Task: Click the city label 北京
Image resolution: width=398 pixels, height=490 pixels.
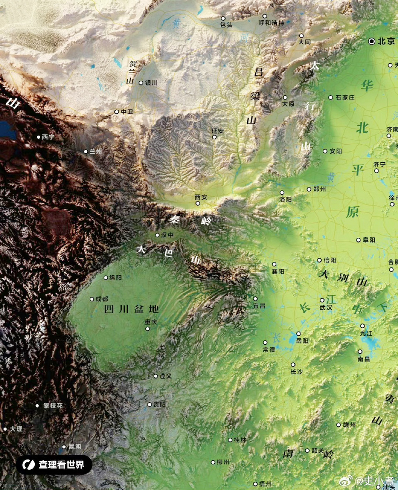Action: click(x=386, y=41)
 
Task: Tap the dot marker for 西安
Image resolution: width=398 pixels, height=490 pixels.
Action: click(x=198, y=203)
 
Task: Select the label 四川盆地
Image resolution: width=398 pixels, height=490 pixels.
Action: click(x=131, y=309)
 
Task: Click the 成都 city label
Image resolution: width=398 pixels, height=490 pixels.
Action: click(x=102, y=299)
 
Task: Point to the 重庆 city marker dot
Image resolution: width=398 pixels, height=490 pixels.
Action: click(x=148, y=329)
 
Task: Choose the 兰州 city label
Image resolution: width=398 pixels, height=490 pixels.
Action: click(x=96, y=151)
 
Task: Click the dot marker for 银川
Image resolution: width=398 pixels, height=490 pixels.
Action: click(x=141, y=83)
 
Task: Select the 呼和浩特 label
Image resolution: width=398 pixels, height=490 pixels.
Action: click(x=272, y=23)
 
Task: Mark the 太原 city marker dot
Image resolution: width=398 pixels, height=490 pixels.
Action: click(x=285, y=98)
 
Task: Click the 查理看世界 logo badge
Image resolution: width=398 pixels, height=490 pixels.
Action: click(x=54, y=465)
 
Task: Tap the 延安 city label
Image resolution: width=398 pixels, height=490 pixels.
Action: click(x=218, y=131)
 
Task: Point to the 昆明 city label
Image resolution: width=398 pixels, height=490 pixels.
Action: click(x=75, y=446)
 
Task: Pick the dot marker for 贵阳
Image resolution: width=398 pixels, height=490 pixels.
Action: click(x=150, y=405)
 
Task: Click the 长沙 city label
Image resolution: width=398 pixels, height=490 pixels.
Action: click(x=297, y=372)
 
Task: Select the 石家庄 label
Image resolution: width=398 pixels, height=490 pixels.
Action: click(x=345, y=98)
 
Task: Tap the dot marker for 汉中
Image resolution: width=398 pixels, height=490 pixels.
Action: click(x=157, y=235)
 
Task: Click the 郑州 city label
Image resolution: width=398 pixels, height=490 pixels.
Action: click(x=319, y=189)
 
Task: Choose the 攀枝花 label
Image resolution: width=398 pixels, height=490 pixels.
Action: click(x=53, y=405)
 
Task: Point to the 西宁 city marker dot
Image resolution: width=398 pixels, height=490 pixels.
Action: click(x=38, y=137)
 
